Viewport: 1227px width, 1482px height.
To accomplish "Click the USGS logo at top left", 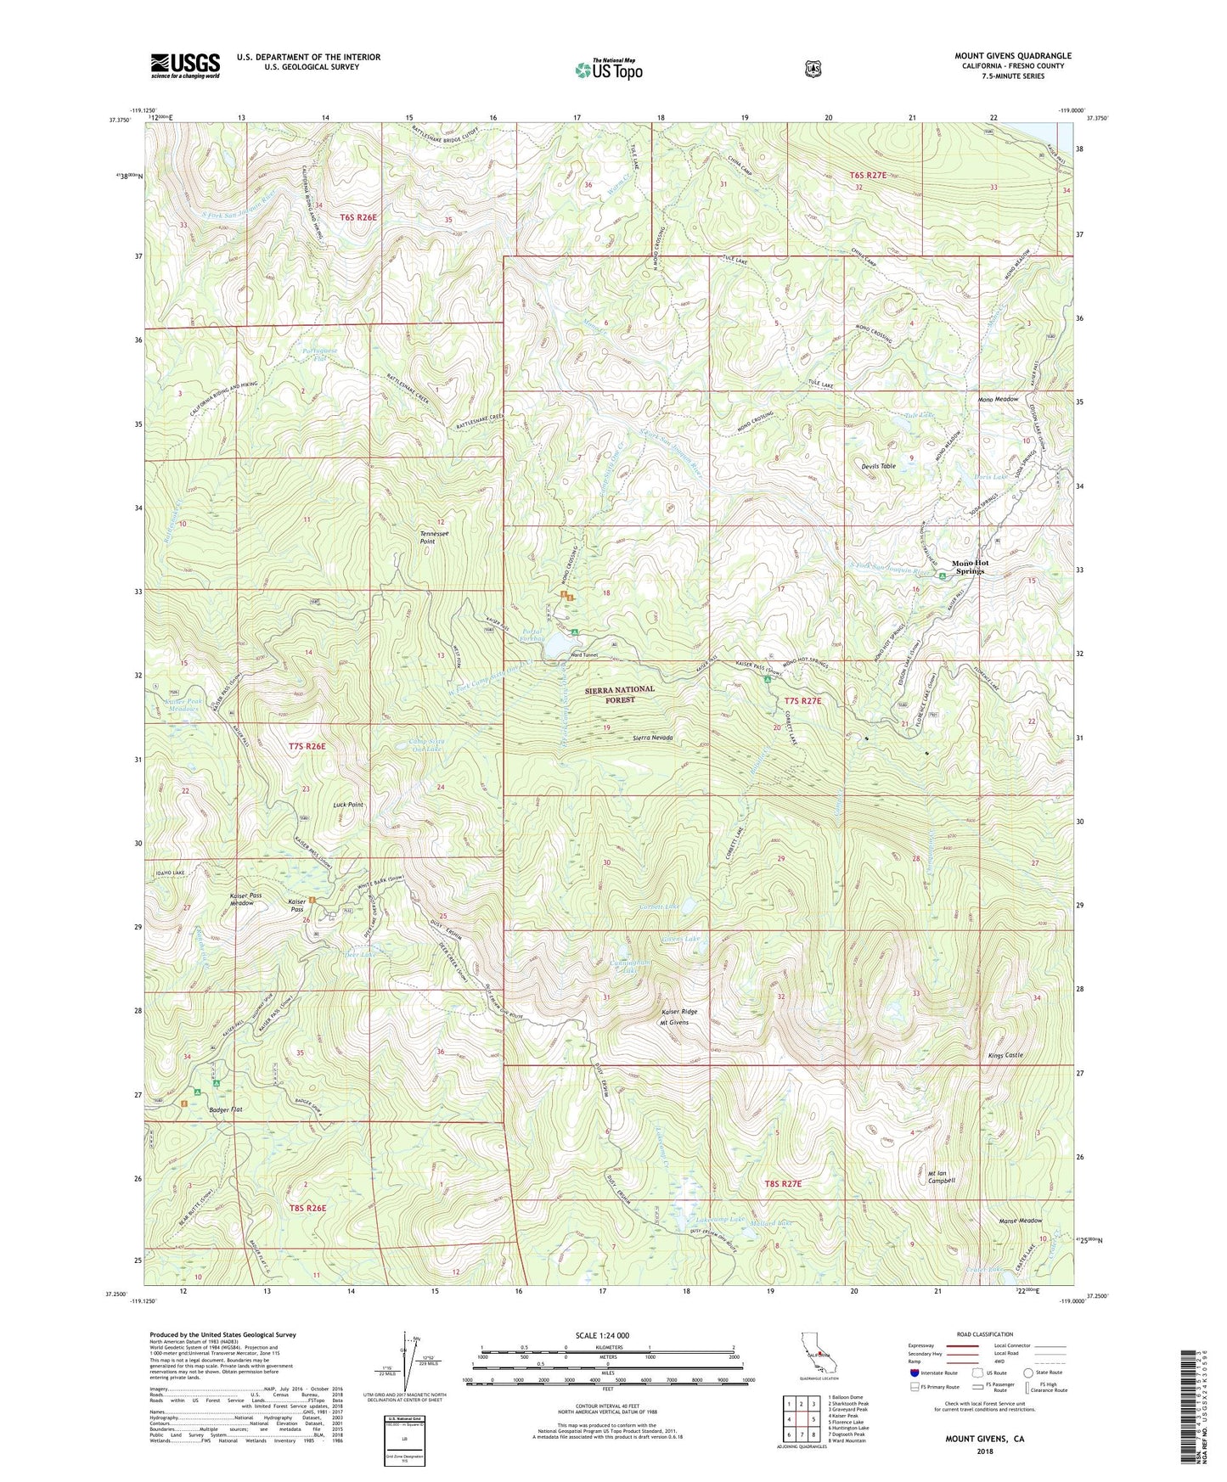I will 185,65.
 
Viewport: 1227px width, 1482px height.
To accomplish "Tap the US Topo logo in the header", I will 607,70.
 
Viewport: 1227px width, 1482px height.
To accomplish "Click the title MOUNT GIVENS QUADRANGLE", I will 1012,56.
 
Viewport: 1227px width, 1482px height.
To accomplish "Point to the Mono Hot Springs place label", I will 970,567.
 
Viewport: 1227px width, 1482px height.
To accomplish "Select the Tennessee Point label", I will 434,537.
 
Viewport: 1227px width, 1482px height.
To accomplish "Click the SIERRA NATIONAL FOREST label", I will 620,694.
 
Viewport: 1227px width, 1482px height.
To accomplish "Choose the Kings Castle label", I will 1006,1055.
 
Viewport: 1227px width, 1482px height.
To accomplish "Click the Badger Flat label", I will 208,1109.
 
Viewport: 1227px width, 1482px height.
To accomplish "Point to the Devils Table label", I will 878,466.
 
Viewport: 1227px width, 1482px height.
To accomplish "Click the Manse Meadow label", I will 1019,1221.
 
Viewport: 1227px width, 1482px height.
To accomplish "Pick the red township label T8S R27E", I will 782,1183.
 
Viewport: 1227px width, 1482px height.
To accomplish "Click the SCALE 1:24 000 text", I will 602,1335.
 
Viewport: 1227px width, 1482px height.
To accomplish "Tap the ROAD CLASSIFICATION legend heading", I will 985,1334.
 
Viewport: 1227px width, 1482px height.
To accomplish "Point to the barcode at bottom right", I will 1190,1409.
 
